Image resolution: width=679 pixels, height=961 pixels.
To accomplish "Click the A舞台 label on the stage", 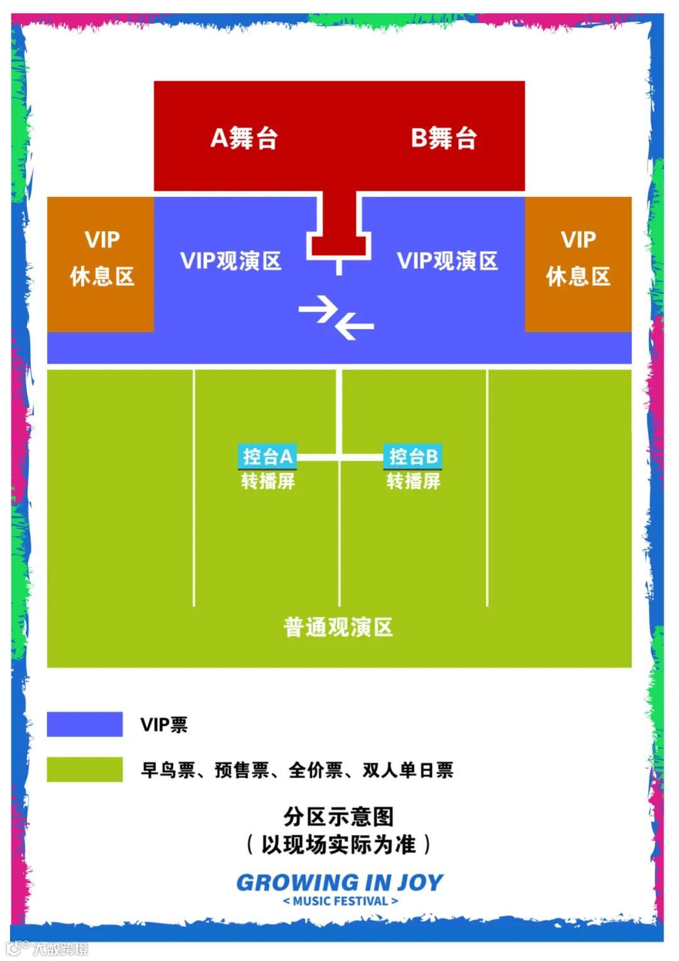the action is [244, 138].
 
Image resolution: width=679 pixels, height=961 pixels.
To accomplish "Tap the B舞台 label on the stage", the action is [444, 138].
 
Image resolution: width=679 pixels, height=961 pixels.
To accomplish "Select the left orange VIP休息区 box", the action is [101, 264].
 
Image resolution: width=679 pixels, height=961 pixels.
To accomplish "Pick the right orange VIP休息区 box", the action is [578, 264].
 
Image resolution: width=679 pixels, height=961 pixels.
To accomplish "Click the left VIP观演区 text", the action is [231, 261].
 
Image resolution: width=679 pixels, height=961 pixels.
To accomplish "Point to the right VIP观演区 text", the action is [448, 261].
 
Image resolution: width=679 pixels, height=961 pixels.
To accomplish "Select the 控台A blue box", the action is [267, 456].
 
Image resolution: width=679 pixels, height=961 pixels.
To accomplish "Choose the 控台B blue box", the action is [413, 456].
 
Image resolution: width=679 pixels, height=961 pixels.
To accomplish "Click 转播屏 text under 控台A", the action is [268, 481].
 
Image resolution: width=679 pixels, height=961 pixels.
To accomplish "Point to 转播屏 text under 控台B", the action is [413, 481].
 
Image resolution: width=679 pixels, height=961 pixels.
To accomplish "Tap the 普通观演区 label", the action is [338, 627].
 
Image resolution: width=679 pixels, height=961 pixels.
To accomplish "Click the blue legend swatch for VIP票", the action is [85, 724].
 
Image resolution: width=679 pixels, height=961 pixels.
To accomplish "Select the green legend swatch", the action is [85, 769].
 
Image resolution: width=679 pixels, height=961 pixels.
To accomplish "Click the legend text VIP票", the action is [164, 725].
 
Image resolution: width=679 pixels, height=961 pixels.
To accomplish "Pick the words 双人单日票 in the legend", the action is [407, 770].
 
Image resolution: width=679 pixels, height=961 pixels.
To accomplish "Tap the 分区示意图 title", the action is [338, 817].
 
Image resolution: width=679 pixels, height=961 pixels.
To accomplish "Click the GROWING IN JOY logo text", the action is [339, 882].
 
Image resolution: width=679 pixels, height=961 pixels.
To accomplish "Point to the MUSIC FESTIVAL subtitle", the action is [340, 901].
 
